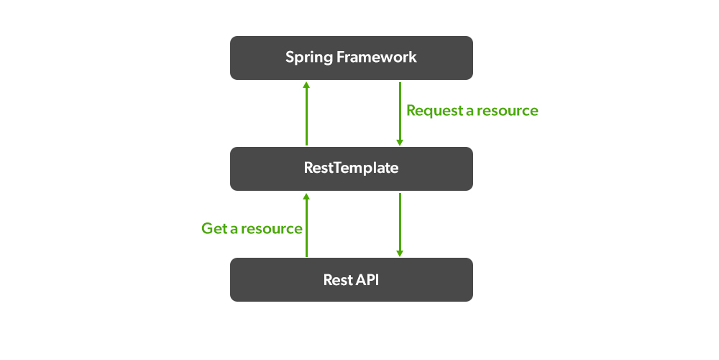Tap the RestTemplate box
[x=351, y=168]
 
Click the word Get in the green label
[x=214, y=229]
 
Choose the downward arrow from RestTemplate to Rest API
[x=400, y=224]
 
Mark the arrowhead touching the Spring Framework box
[x=306, y=84]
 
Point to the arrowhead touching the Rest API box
[x=400, y=253]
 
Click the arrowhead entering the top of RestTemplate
[x=400, y=143]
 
